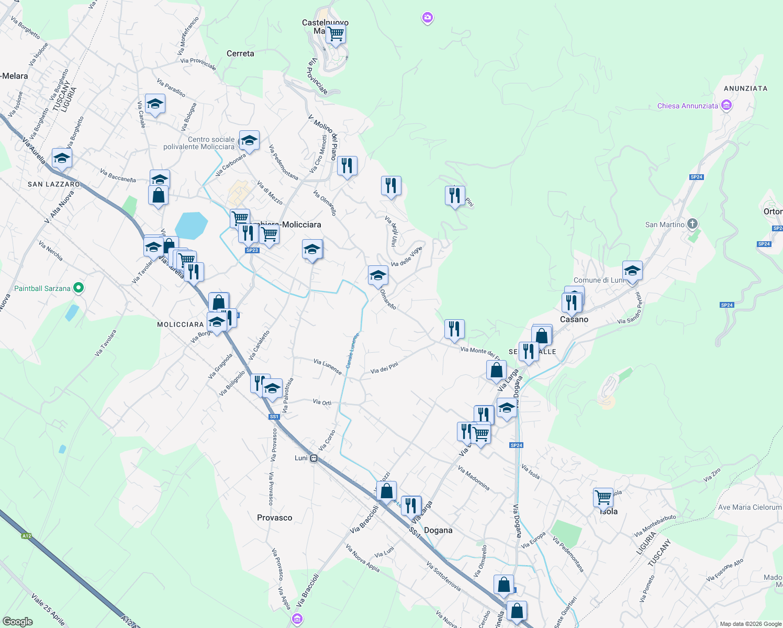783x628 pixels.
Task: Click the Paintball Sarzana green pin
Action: coord(79,288)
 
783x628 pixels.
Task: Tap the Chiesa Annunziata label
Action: coord(688,106)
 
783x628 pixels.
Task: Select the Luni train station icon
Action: coord(314,458)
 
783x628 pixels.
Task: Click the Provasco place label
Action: coord(274,518)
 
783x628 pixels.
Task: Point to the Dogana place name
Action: coord(438,530)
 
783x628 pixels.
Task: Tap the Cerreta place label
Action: coord(240,53)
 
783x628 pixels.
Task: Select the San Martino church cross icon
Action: coord(692,225)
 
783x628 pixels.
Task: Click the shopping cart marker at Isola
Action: coord(603,497)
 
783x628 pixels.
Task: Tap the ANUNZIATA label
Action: coord(745,88)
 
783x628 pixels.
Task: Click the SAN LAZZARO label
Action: coord(54,184)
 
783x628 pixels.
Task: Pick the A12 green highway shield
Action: coord(27,535)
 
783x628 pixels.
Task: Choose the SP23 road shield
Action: coord(252,250)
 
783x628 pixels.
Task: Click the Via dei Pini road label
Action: coord(384,368)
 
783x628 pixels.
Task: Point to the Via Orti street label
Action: coord(322,402)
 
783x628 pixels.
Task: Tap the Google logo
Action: coord(18,622)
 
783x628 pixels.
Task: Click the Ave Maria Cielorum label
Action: coord(750,507)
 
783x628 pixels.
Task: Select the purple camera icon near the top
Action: coord(428,18)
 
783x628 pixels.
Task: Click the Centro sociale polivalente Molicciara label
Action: coord(199,143)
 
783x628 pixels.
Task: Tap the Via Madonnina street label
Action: coord(474,478)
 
